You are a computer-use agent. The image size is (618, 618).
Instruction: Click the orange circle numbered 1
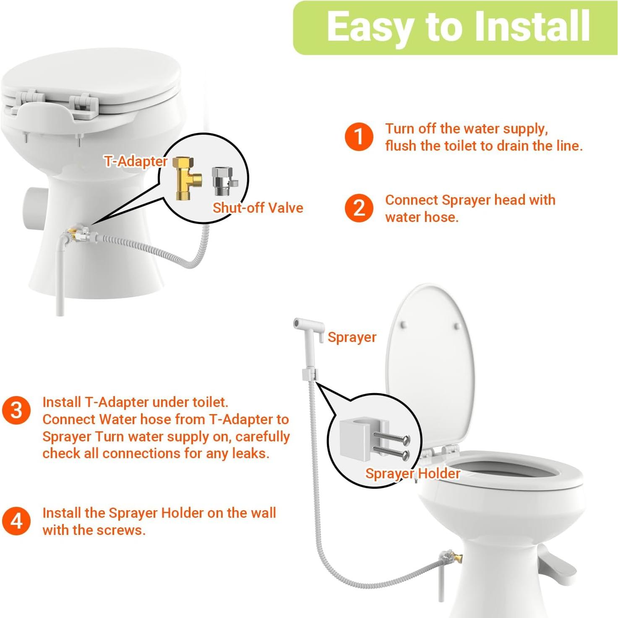tap(359, 137)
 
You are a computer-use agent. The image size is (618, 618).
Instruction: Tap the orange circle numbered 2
tap(359, 208)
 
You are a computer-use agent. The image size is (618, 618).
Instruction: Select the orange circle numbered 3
tap(16, 410)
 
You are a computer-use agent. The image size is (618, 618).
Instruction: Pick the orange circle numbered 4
tap(16, 521)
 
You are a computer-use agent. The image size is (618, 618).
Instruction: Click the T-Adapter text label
tap(136, 162)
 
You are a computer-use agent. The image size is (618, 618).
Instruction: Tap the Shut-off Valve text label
tap(258, 208)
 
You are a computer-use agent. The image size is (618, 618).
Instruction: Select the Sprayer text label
tap(352, 337)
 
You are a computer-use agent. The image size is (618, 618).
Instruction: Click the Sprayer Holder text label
tap(412, 474)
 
